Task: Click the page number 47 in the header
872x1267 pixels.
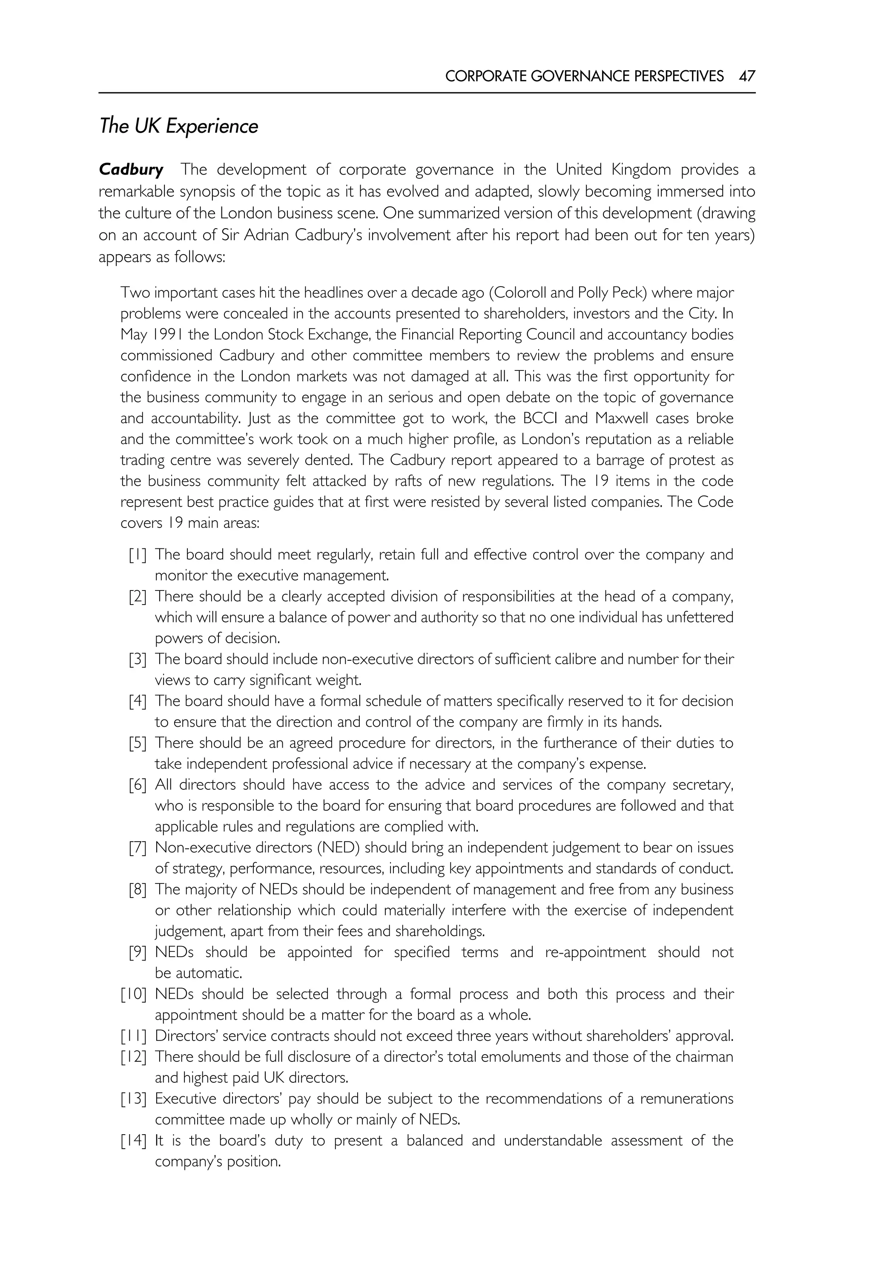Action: point(747,76)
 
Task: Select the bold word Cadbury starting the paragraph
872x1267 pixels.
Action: point(131,170)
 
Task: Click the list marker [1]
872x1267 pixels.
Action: point(138,555)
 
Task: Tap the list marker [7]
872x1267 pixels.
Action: point(138,848)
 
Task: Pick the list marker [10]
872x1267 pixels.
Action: point(134,995)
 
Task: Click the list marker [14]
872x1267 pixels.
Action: point(134,1141)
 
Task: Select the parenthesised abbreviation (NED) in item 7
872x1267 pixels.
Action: point(337,848)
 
